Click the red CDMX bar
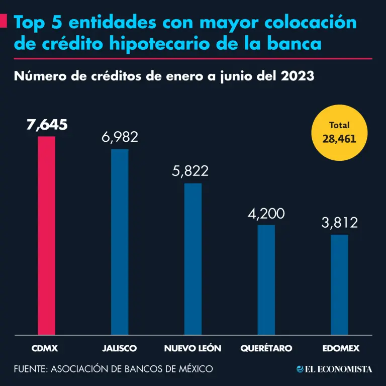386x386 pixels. coord(47,235)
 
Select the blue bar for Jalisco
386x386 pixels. coord(120,242)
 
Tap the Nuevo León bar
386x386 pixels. coord(193,258)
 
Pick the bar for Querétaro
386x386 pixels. coord(266,279)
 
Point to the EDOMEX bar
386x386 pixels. coord(340,284)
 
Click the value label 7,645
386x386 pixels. coord(47,125)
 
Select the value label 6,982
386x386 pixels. coord(120,137)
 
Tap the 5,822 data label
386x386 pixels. coord(190,171)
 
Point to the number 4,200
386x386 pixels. coord(266,214)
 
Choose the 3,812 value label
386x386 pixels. coord(340,223)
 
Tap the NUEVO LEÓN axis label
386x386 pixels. coord(192,348)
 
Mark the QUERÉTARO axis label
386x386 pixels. coord(266,348)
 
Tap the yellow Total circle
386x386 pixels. coord(339,132)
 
